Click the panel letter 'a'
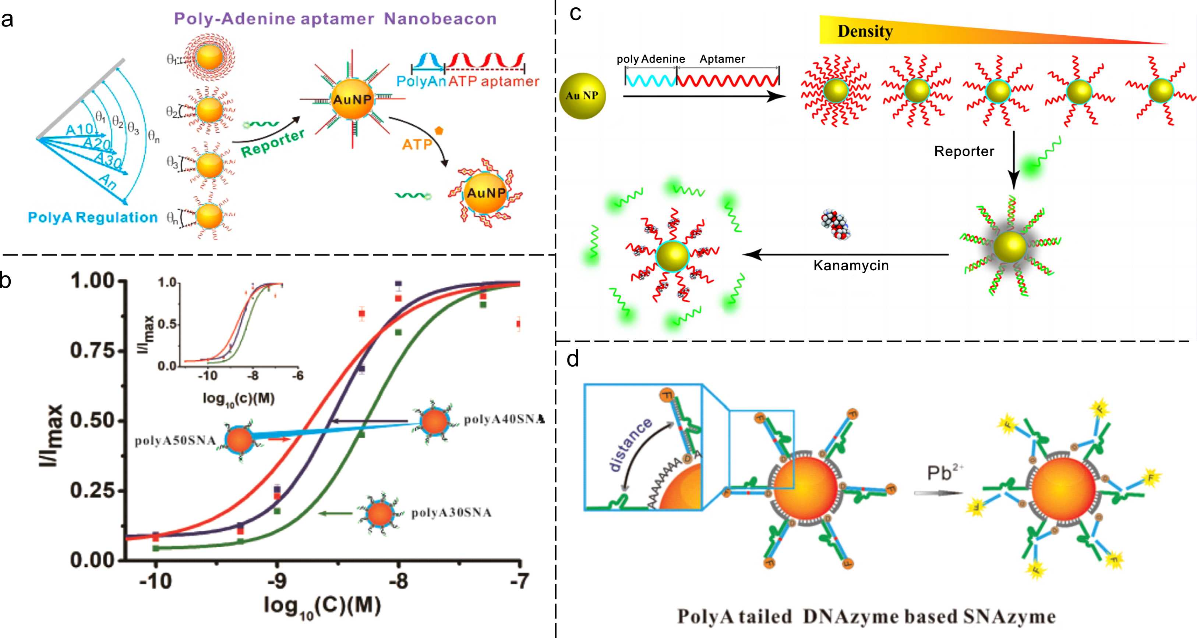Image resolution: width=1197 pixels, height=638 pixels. pyautogui.click(x=7, y=19)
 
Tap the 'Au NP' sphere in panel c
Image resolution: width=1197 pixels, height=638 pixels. pyautogui.click(x=582, y=96)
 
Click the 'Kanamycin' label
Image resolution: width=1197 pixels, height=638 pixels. pyautogui.click(x=851, y=265)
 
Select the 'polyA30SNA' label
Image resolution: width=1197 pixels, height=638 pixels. pyautogui.click(x=451, y=513)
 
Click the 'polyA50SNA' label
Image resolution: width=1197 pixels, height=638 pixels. pyautogui.click(x=175, y=441)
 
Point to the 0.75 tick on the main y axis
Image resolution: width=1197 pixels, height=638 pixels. pyautogui.click(x=93, y=350)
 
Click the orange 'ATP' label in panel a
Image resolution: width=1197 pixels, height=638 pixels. pyautogui.click(x=417, y=145)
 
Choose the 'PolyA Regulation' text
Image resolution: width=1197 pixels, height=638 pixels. pyautogui.click(x=93, y=217)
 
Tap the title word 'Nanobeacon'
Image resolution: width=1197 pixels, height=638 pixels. pyautogui.click(x=440, y=19)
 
